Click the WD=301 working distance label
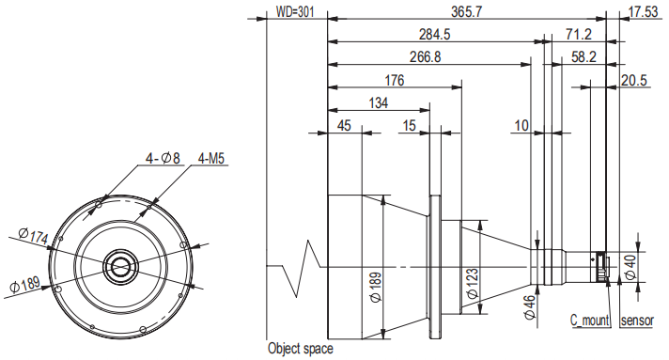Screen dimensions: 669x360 coord(294,11)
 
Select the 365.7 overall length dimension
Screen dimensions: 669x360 coord(467,11)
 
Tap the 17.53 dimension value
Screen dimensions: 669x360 coord(643,11)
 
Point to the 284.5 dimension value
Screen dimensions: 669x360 coord(434,34)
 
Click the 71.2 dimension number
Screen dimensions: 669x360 coord(579,34)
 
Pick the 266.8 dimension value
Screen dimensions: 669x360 coord(425,56)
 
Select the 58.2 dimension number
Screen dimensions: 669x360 coord(583,56)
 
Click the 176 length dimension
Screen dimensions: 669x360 coord(394,80)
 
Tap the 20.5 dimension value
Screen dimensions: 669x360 coord(634,80)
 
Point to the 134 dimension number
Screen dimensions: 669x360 coord(378,102)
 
